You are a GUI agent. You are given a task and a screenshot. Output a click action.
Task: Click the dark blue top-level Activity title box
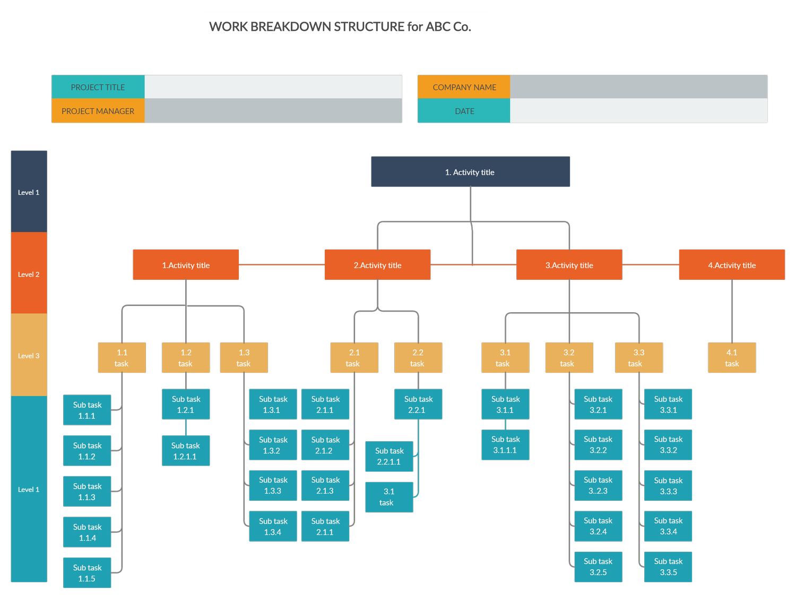tap(470, 172)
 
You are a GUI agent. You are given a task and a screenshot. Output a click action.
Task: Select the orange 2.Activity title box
tap(377, 265)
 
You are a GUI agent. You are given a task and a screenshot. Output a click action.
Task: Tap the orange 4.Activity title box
tap(732, 265)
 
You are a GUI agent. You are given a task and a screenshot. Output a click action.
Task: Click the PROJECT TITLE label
tap(98, 87)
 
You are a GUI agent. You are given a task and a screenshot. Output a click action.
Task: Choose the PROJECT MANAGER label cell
tap(98, 111)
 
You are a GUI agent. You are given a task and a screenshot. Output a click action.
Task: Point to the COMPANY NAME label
tap(464, 87)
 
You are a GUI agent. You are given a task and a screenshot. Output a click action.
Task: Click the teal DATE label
tap(464, 111)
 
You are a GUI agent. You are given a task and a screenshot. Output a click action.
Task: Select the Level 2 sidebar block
tap(29, 273)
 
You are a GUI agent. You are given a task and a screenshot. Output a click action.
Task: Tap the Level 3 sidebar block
tap(29, 355)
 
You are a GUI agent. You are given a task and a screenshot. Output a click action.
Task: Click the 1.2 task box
tap(186, 358)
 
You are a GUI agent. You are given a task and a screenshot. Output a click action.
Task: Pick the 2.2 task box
tap(418, 358)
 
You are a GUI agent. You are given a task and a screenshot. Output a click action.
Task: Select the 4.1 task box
tap(732, 358)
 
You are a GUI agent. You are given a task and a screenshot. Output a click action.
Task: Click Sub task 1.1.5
tap(87, 573)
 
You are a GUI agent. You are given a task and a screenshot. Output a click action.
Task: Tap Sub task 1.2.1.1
tap(186, 451)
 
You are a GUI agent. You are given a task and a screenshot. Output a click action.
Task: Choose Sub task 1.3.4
tap(273, 526)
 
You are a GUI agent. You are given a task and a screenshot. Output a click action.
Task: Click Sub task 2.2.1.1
tap(389, 456)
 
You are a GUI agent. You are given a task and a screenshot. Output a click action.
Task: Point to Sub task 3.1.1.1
tap(505, 444)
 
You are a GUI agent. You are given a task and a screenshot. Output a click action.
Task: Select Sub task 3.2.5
tap(598, 567)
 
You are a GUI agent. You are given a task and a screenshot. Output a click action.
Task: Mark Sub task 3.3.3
tap(668, 485)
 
